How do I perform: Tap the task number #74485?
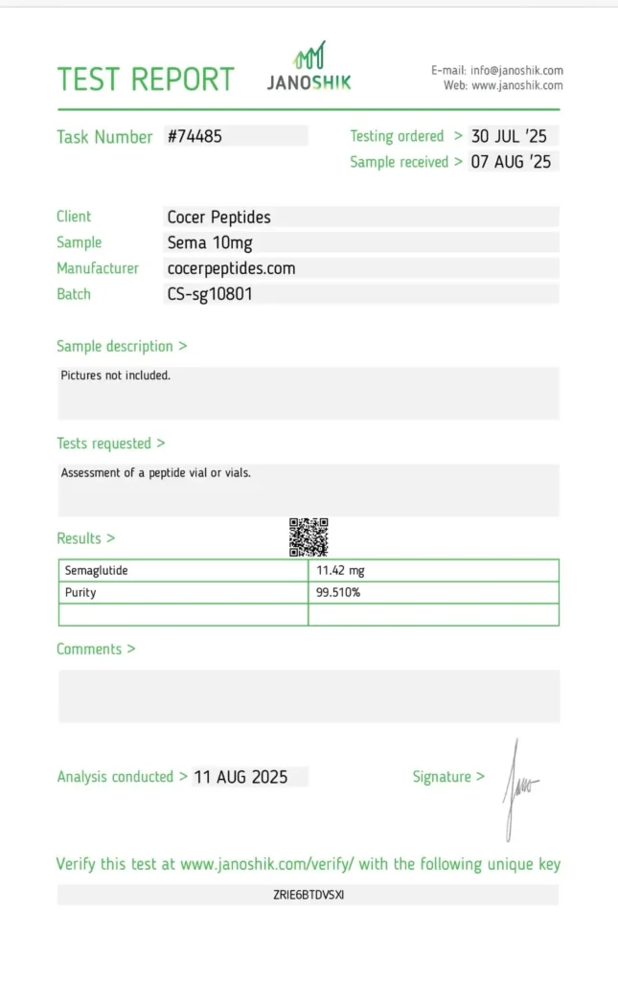coord(195,136)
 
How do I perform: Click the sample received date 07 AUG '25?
coord(512,162)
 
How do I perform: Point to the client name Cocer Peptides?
coord(219,217)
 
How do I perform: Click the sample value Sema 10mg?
coord(210,242)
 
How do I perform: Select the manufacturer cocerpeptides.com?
coord(231,268)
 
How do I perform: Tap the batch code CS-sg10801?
coord(211,294)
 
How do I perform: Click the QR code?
coord(309,537)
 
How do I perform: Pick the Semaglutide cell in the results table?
coord(97,571)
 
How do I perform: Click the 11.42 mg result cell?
coord(341,571)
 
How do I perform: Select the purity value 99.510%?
coord(338,593)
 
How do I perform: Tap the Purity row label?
coord(80,593)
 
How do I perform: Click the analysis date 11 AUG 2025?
coord(240,777)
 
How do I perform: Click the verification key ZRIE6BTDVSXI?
coord(309,895)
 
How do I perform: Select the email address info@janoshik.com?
coord(515,70)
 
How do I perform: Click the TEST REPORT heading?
coord(146,79)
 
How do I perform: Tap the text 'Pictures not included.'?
coord(116,376)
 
